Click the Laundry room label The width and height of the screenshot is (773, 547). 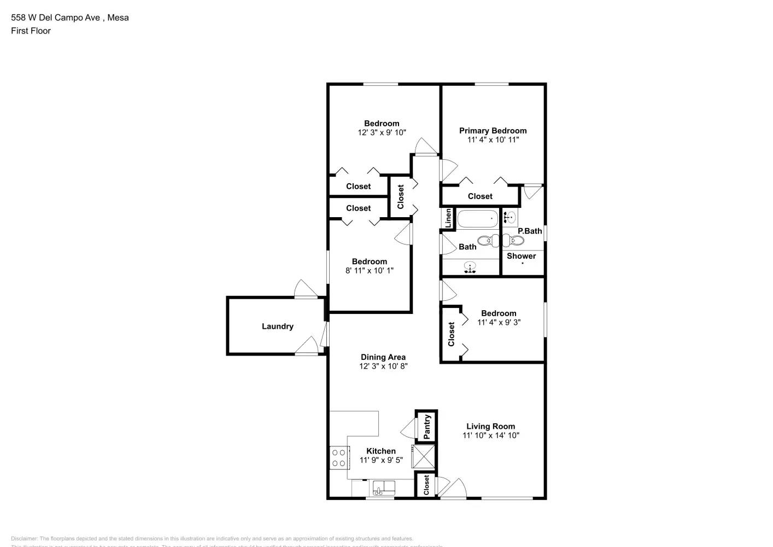[277, 327]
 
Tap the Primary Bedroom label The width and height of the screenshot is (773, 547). [493, 131]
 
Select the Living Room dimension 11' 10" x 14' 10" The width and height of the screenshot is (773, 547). [490, 435]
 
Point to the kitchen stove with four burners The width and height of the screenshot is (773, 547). [338, 458]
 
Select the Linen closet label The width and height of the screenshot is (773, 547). [448, 218]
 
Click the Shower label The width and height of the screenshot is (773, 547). [521, 256]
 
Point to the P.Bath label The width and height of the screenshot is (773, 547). [530, 231]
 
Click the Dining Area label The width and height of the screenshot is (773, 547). [383, 357]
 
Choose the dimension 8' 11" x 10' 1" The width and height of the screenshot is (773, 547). [369, 270]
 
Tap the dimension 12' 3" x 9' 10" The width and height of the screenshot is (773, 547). [382, 132]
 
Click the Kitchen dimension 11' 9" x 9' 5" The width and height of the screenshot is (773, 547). [380, 460]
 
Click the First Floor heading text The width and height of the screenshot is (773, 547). [31, 31]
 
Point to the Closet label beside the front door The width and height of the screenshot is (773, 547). [426, 485]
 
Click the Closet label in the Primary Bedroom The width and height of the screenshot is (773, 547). [480, 196]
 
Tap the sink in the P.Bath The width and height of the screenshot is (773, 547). [510, 217]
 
